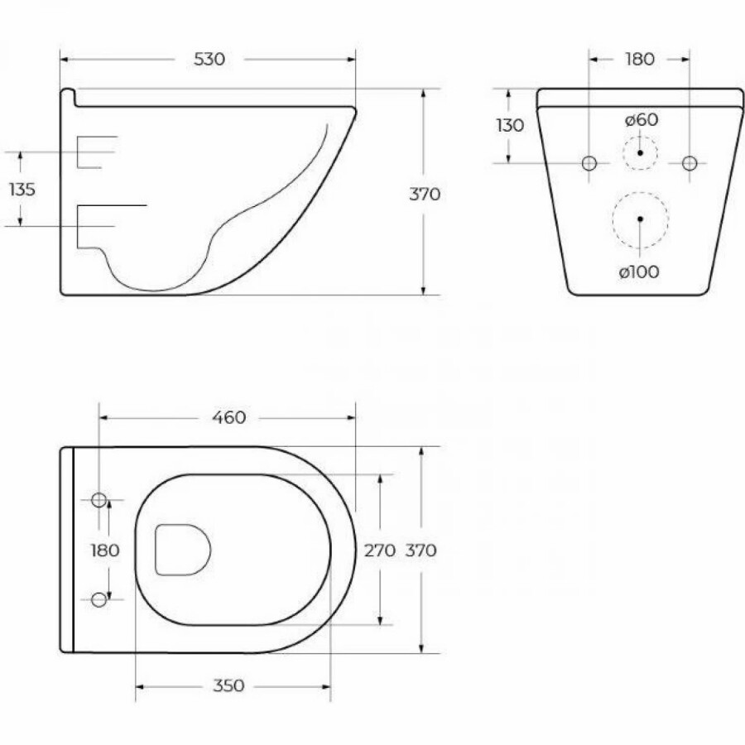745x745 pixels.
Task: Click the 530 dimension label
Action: pyautogui.click(x=209, y=60)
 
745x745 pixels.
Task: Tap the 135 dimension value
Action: pyautogui.click(x=22, y=190)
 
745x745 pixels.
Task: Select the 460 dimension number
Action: pyautogui.click(x=228, y=418)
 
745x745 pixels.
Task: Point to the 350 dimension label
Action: pyautogui.click(x=228, y=685)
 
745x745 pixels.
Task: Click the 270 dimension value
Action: pyautogui.click(x=380, y=550)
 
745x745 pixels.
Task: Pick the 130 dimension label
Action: pyautogui.click(x=510, y=126)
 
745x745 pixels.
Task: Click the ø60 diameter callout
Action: pyautogui.click(x=642, y=120)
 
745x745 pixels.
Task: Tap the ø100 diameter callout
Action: pyautogui.click(x=639, y=272)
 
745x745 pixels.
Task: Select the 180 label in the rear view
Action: pyautogui.click(x=640, y=60)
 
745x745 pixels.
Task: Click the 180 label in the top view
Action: pyautogui.click(x=105, y=550)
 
